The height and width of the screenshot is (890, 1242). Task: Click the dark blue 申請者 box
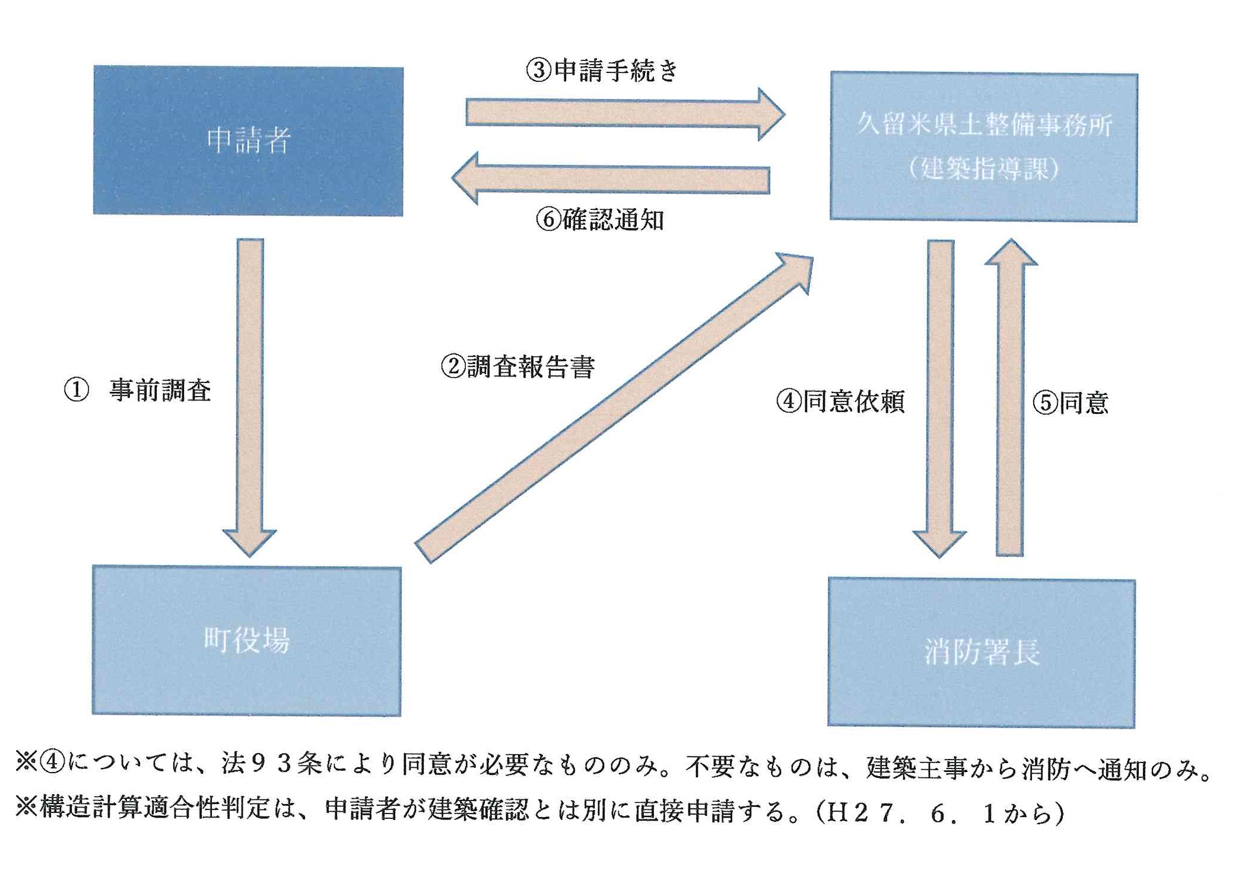(x=248, y=141)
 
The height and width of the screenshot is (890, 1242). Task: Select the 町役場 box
(x=247, y=640)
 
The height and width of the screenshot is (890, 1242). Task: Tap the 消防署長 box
(x=981, y=652)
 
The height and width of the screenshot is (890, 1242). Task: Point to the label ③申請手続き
(x=602, y=71)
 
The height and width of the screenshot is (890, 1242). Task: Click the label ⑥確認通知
(x=600, y=220)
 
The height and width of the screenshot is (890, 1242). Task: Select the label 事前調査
(x=160, y=390)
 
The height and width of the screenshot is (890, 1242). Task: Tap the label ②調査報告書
(x=517, y=366)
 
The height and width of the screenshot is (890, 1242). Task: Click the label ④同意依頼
(x=840, y=401)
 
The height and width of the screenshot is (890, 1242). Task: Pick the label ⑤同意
(x=1071, y=403)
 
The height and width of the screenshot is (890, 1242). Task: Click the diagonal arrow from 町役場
(x=611, y=409)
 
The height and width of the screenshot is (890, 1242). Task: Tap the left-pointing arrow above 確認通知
(x=611, y=178)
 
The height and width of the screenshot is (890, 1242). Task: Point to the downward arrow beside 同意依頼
(x=940, y=391)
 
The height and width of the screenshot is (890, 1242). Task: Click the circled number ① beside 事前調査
(x=77, y=390)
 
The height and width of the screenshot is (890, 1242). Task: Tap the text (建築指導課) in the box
(x=983, y=169)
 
